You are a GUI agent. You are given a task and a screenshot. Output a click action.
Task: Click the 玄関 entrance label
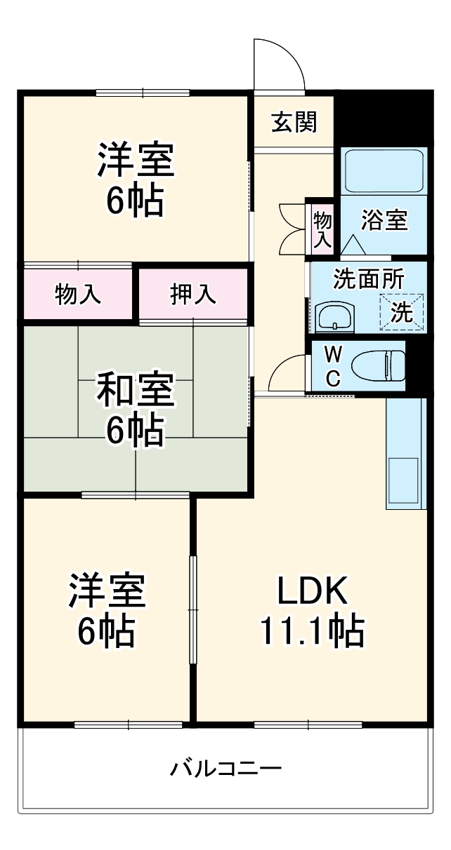tap(294, 122)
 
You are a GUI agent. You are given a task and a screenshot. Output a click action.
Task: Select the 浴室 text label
tap(384, 220)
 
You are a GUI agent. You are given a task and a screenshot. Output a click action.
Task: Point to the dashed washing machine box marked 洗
tap(403, 311)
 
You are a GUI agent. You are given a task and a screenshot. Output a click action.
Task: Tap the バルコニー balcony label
tap(225, 769)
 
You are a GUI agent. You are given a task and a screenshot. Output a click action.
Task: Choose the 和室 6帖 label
tap(135, 410)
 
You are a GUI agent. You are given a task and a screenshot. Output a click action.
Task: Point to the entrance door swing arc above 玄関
tap(279, 63)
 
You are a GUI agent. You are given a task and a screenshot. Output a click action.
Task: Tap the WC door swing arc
tap(287, 372)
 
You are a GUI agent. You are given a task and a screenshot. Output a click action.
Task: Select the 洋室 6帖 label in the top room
tap(135, 179)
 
